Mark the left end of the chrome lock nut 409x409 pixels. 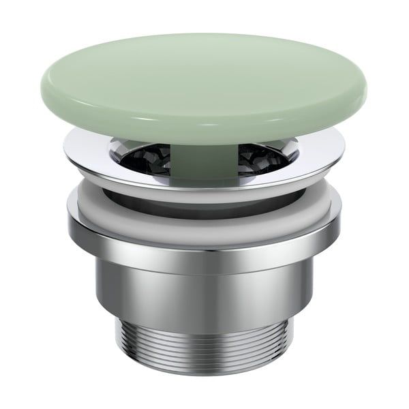(69, 222)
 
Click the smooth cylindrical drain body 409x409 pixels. (204, 286)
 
